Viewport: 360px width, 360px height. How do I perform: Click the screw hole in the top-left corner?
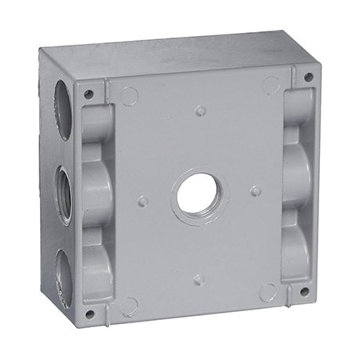(x=89, y=94)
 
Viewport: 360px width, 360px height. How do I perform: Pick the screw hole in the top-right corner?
(x=308, y=78)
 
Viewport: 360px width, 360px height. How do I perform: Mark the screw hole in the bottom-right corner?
(x=303, y=291)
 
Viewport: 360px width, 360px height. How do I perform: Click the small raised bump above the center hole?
(x=200, y=110)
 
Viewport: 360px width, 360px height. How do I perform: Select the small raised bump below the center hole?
(x=198, y=279)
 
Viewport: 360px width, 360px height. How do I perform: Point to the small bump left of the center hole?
(x=142, y=201)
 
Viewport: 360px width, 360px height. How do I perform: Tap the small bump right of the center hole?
(x=255, y=191)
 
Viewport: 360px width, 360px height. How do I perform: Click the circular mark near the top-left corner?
(x=129, y=97)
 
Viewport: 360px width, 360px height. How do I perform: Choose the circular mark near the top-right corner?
(x=272, y=85)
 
